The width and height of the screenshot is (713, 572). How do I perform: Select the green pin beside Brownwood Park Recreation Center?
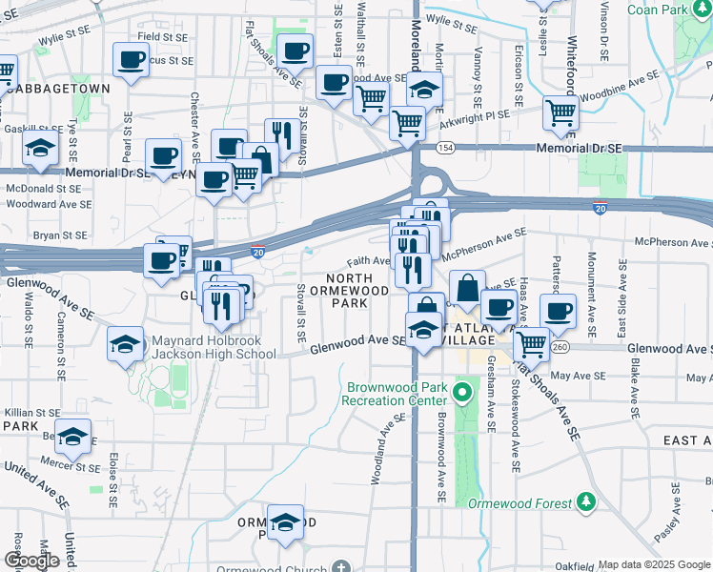[x=464, y=391]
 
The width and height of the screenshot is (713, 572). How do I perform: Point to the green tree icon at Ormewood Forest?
[x=586, y=501]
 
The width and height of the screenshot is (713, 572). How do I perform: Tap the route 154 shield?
[x=444, y=148]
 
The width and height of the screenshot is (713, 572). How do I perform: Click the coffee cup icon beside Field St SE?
[x=131, y=59]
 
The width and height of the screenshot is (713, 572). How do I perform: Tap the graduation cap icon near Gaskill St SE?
[x=40, y=149]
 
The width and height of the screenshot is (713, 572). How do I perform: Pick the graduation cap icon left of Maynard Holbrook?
[x=125, y=345]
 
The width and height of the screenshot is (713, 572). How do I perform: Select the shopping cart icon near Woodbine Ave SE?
[x=560, y=112]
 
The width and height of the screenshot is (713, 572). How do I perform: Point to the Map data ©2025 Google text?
[x=652, y=564]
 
